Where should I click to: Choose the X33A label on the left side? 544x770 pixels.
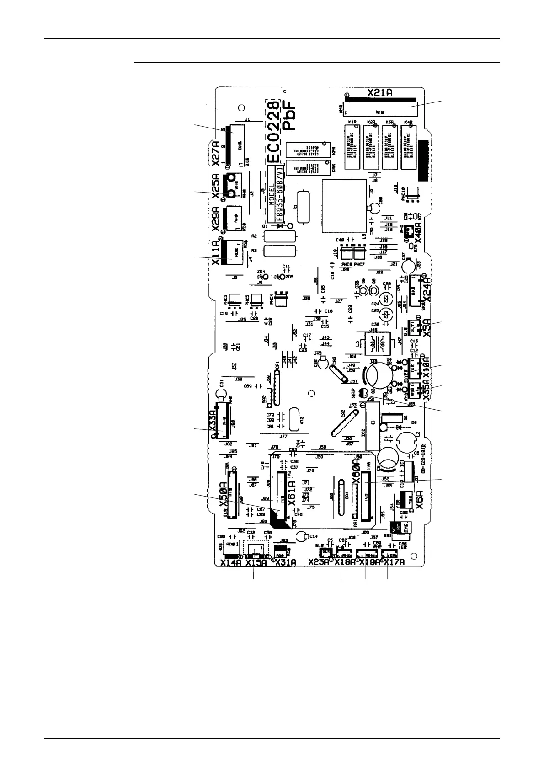click(x=213, y=420)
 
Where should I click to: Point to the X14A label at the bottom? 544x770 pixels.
click(x=230, y=563)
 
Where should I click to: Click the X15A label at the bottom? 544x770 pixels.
click(x=256, y=563)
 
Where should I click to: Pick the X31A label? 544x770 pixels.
click(x=286, y=563)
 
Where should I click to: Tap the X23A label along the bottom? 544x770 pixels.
click(x=319, y=563)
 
